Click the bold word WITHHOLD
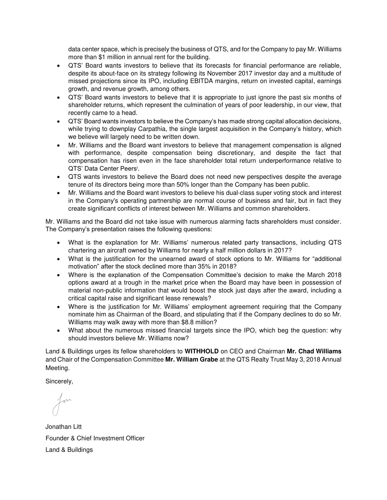point(202,352)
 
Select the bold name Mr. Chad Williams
point(314,352)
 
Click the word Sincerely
point(59,382)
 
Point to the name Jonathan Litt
point(63,427)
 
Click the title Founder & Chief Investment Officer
point(95,438)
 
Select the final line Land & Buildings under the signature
point(69,450)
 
